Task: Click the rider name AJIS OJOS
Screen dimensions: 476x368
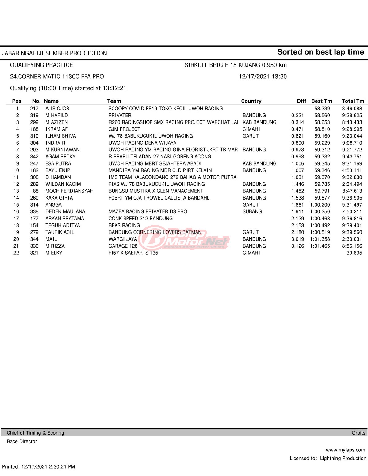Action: [57, 109]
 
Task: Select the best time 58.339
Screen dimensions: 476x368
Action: [322, 109]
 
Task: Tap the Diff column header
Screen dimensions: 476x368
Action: [301, 101]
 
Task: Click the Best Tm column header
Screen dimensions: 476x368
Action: [321, 101]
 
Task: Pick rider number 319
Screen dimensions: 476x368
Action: [34, 116]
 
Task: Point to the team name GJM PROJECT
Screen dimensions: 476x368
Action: [124, 129]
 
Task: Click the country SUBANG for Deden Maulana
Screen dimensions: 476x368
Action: [252, 211]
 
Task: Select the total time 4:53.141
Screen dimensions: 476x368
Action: [352, 170]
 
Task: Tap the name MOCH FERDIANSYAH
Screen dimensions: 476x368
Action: [69, 191]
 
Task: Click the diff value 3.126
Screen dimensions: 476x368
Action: [297, 246]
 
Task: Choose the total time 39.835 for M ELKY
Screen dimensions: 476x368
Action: [354, 253]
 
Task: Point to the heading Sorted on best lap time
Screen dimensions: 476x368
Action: [320, 52]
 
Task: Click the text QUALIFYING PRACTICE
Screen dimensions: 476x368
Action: [41, 65]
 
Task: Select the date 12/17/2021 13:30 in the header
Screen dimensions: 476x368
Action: [263, 77]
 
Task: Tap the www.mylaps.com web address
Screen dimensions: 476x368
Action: [345, 450]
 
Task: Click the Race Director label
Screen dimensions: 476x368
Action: [22, 441]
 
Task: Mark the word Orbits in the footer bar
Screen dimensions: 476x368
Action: [358, 433]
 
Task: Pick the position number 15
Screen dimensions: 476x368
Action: [16, 205]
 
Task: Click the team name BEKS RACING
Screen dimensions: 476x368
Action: [124, 225]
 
